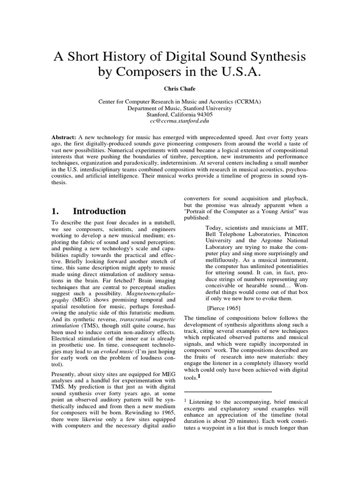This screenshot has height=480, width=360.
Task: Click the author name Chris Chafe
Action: click(x=180, y=88)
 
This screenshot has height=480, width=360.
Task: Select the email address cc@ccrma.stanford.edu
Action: click(x=180, y=120)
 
